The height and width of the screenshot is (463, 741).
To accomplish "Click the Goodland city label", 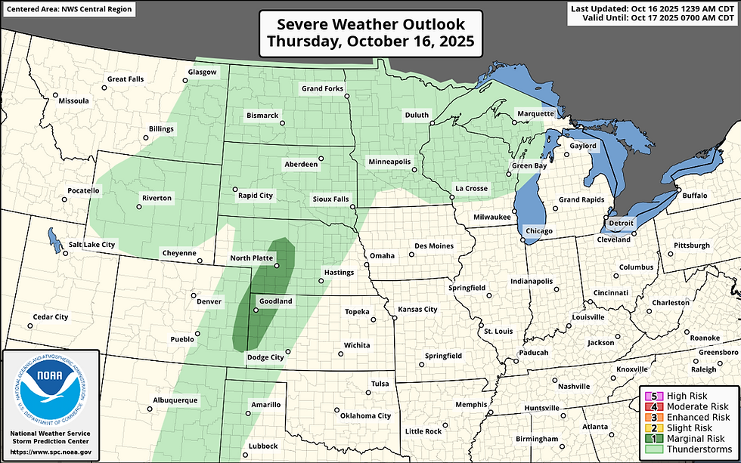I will [x=275, y=301].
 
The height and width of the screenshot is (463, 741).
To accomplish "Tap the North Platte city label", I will [x=251, y=258].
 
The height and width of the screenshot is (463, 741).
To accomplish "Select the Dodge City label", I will [x=265, y=357].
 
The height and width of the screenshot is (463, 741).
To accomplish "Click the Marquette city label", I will [x=535, y=114].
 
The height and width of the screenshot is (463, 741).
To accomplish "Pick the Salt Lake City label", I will [x=91, y=245].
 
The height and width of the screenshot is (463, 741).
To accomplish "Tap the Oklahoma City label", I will [x=365, y=415].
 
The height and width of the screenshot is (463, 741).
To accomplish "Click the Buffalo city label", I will [x=694, y=196].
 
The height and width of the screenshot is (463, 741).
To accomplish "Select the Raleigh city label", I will [x=703, y=369].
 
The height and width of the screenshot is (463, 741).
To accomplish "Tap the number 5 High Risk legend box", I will [x=649, y=396].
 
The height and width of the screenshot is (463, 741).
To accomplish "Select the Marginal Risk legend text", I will [x=694, y=438].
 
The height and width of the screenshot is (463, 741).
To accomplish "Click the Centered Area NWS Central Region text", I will [x=68, y=10].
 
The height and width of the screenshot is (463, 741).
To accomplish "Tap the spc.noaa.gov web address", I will [x=51, y=452].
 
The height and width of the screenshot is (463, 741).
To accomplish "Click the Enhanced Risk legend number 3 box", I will [x=649, y=417].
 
